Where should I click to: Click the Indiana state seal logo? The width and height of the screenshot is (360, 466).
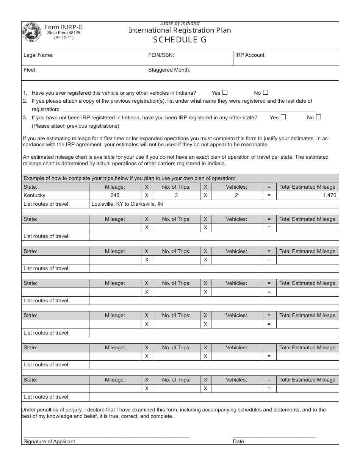(32, 33)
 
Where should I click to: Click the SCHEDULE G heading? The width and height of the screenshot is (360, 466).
(180, 40)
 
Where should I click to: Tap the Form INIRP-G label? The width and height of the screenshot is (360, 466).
(63, 27)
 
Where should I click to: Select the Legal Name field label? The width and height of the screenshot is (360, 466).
(39, 55)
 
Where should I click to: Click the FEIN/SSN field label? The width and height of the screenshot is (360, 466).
(161, 55)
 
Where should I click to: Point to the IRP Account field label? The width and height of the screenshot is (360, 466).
(250, 55)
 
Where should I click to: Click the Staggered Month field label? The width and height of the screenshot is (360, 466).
(169, 70)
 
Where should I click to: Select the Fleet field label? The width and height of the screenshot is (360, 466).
(30, 70)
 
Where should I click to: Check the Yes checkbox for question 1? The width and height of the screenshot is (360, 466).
(225, 92)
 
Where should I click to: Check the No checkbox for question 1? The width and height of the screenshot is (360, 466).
(266, 92)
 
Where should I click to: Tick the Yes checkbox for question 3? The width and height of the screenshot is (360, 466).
(283, 117)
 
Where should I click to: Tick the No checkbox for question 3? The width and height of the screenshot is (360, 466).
(318, 117)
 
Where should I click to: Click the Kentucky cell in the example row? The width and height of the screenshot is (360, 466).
(34, 195)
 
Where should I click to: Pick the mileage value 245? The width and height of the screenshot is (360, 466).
(115, 195)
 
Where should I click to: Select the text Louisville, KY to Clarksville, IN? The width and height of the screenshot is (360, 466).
(127, 204)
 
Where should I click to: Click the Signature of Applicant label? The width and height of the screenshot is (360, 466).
(49, 441)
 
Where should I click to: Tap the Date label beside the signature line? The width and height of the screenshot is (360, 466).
(238, 441)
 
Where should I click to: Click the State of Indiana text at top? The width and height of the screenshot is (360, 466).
(180, 23)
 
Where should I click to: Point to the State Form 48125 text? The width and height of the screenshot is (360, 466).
(64, 33)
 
